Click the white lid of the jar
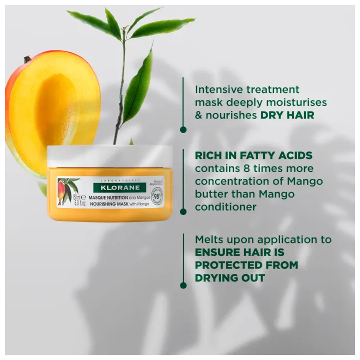click(x=109, y=156)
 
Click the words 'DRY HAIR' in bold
click(x=287, y=115)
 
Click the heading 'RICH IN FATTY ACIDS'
click(x=254, y=155)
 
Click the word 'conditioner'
click(x=225, y=206)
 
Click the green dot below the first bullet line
click(x=183, y=129)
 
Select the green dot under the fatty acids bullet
click(x=183, y=211)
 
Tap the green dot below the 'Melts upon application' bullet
click(x=183, y=285)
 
